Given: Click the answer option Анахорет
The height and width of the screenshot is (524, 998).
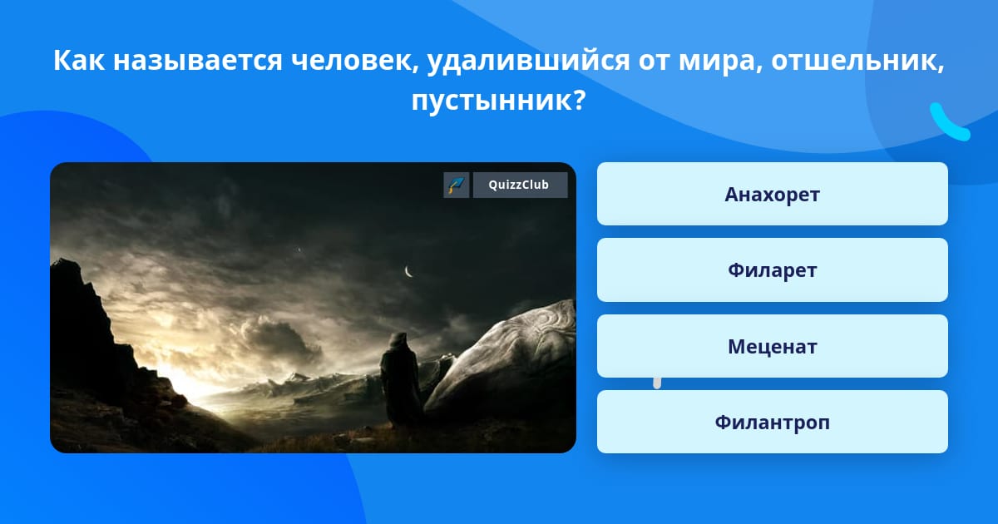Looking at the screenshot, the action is [x=772, y=194].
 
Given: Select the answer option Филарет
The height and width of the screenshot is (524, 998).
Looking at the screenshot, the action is [x=772, y=270].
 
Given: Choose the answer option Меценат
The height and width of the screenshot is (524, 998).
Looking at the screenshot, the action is [x=772, y=346].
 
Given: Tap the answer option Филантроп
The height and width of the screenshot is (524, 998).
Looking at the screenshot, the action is [x=772, y=422].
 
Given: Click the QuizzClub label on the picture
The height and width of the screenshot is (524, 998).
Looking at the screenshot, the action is [x=520, y=185].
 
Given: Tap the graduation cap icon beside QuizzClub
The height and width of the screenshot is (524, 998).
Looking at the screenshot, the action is [x=457, y=185].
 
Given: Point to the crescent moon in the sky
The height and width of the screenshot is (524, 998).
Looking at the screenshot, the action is [x=408, y=271].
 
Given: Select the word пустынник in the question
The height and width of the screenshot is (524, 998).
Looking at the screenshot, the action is [x=497, y=101].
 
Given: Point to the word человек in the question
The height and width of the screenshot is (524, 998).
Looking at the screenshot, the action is [x=355, y=61].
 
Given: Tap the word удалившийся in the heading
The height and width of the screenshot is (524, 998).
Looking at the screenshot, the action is [x=528, y=61].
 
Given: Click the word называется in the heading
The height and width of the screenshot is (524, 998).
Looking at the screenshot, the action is [x=198, y=61].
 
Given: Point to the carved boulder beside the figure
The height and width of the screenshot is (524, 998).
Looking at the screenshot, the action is [x=503, y=361].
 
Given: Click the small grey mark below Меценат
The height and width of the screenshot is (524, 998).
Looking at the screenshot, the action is [x=657, y=383].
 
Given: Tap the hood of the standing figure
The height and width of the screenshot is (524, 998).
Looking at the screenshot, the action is [x=398, y=340].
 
